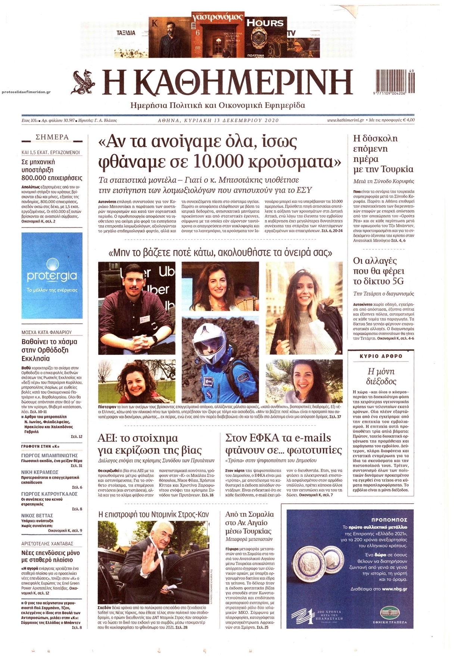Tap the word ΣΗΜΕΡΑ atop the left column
point(52,137)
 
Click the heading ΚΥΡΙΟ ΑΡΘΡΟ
point(381,356)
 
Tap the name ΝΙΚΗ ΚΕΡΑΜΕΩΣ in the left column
point(40,472)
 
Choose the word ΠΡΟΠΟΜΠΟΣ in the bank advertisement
point(389,520)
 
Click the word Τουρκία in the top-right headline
point(398,169)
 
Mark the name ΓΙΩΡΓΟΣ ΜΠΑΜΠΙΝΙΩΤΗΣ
point(49,456)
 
